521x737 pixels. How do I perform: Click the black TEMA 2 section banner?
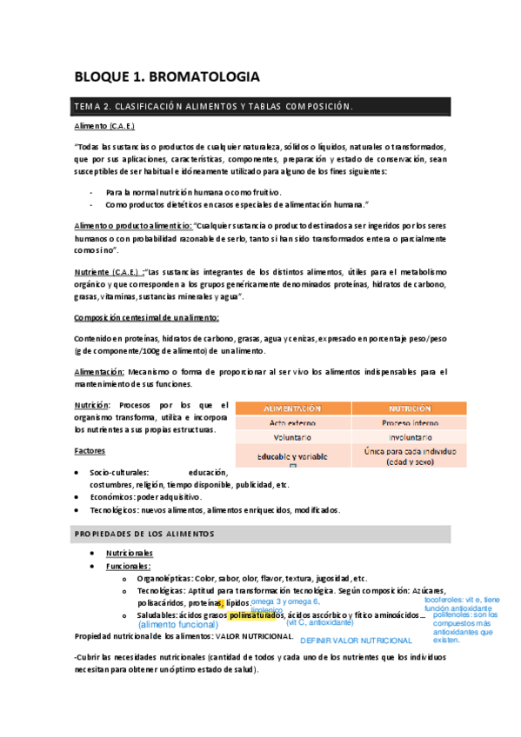[x=261, y=107]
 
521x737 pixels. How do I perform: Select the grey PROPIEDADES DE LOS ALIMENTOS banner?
[x=261, y=532]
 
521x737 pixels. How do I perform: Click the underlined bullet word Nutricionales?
[x=130, y=553]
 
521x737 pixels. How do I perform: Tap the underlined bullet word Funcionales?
[x=128, y=566]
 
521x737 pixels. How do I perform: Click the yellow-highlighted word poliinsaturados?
[x=257, y=615]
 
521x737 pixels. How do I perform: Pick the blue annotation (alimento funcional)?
[x=178, y=624]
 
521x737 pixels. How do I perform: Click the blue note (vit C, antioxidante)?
[x=319, y=622]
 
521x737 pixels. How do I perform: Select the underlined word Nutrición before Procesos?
[x=92, y=405]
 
